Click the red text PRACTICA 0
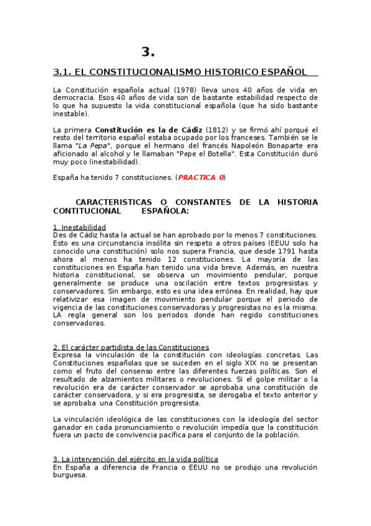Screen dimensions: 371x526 (201, 177)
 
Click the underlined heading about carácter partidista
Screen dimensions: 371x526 (131, 347)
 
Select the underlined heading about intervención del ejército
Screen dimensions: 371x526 (135, 460)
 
